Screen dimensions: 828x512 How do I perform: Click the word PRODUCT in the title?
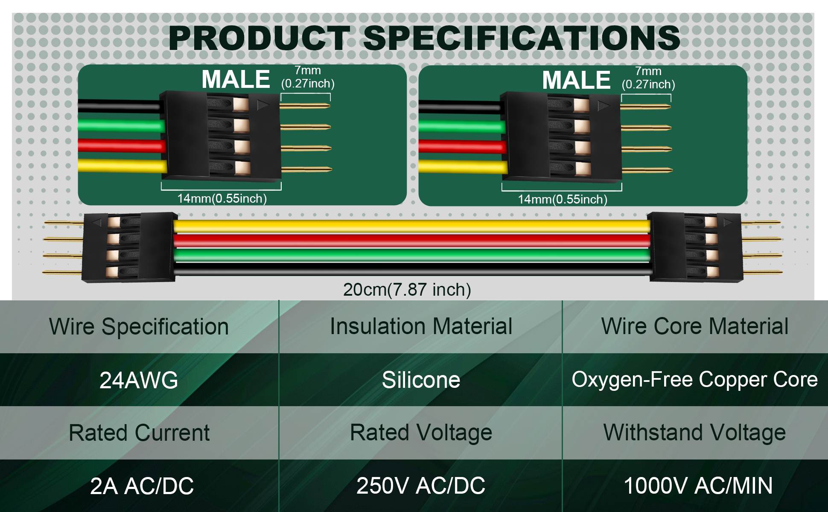pos(259,38)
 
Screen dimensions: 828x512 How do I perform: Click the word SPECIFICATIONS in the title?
pos(522,38)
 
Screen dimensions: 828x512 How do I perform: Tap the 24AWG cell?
pos(139,380)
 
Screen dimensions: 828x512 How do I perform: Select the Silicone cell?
pos(421,380)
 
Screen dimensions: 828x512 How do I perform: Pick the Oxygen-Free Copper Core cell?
pos(694,379)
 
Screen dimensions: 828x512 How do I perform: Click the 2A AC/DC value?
pos(142,486)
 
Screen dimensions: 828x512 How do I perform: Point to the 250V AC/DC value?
pos(421,486)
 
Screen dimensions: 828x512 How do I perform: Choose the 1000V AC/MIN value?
pos(698,486)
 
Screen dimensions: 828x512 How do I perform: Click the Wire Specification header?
pos(139,327)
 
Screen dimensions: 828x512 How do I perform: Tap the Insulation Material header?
pos(421,326)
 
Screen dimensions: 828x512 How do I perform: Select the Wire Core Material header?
pos(694,326)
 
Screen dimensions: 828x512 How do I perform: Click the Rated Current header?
pos(139,433)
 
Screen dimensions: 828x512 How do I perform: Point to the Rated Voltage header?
pos(421,433)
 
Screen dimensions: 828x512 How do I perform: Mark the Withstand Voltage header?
pos(694,433)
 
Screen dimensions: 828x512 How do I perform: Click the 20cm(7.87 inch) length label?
pos(407,290)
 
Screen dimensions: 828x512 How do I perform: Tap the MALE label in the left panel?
pos(236,79)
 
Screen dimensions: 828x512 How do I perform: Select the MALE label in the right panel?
pos(576,80)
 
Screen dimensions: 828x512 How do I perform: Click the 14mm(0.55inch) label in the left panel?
pos(222,198)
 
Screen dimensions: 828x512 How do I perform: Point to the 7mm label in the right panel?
pos(648,71)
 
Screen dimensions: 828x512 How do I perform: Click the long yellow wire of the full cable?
pos(412,226)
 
